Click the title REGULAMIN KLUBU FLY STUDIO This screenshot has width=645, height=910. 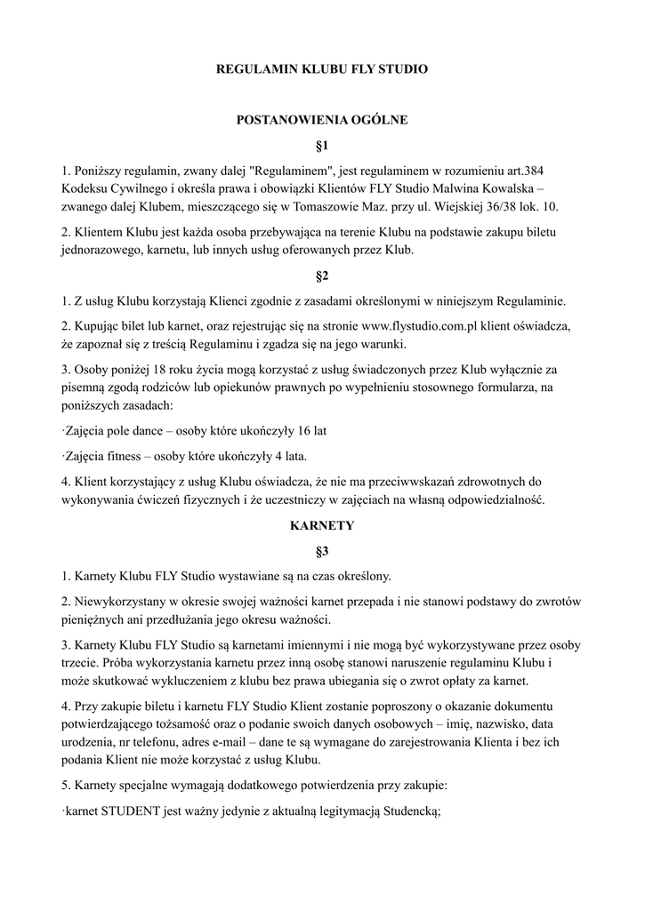click(322, 68)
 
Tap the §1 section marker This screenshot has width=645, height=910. click(322, 144)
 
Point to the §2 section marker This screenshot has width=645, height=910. click(322, 275)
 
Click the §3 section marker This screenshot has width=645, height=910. click(322, 550)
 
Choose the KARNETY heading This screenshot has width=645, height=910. click(322, 525)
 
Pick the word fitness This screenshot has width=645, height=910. click(132, 456)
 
